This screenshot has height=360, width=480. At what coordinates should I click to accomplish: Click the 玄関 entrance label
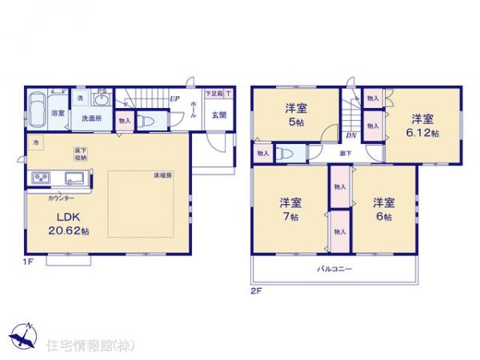pyautogui.click(x=218, y=114)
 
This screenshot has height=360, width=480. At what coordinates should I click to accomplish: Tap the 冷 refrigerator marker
pyautogui.click(x=34, y=142)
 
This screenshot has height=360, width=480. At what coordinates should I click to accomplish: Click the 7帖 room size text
pyautogui.click(x=290, y=217)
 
